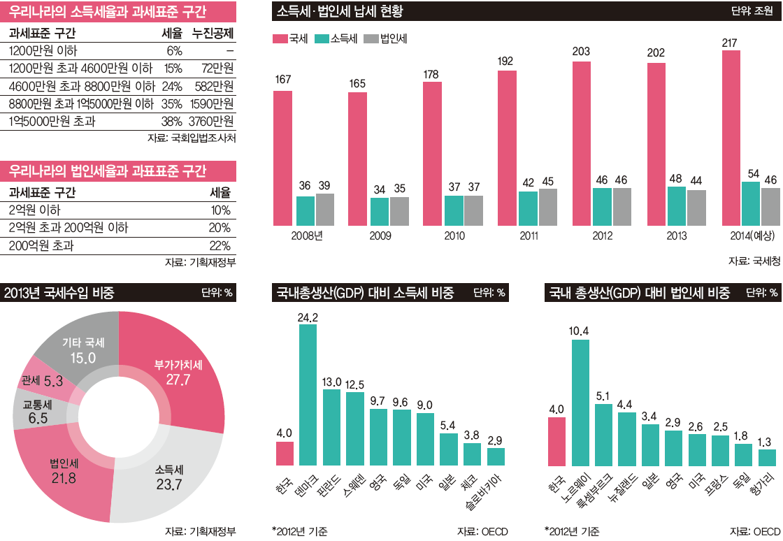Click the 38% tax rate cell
[x=172, y=121]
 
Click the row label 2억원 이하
[x=35, y=210]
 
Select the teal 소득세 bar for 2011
[x=528, y=208]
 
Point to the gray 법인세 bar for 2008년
[x=325, y=209]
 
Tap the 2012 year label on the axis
[x=602, y=236]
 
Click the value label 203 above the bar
[x=581, y=52]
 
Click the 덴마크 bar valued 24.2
[x=308, y=394]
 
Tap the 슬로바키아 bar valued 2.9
[x=496, y=456]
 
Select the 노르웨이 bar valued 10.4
[x=580, y=402]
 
